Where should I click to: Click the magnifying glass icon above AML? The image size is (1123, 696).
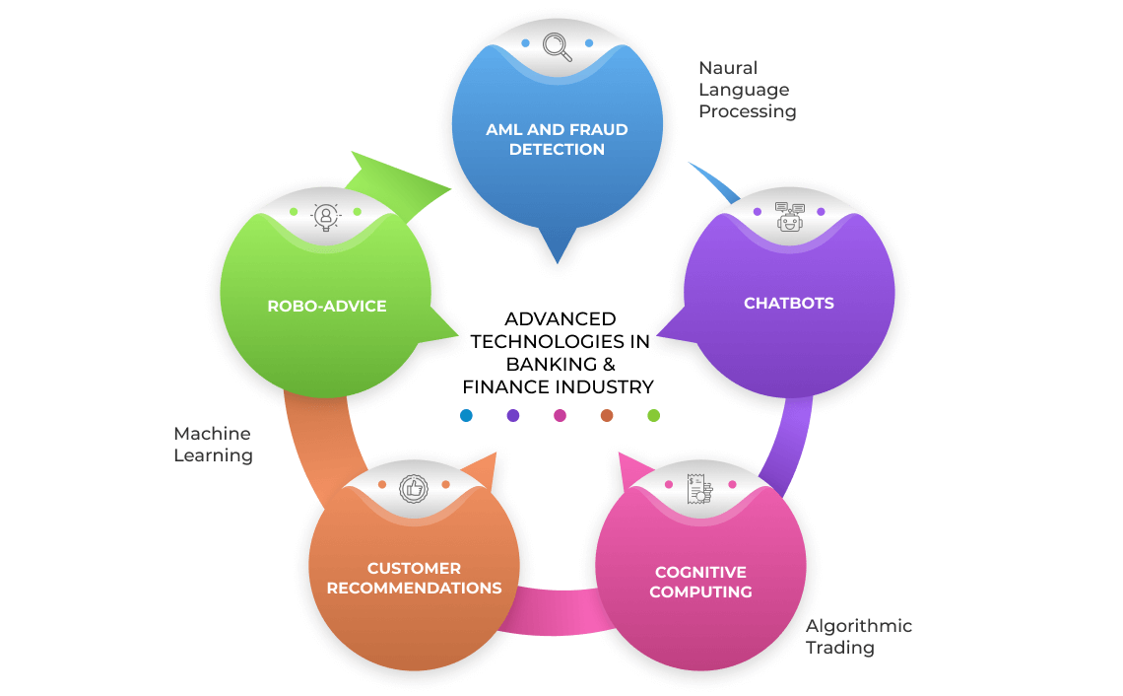(557, 46)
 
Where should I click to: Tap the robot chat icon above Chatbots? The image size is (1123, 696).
(789, 216)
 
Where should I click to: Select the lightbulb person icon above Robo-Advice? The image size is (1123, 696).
(325, 216)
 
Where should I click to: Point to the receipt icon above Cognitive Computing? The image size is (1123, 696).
(700, 487)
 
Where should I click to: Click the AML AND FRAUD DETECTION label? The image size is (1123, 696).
(557, 139)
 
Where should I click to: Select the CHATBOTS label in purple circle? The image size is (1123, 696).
(789, 304)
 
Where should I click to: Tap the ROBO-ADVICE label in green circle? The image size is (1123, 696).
(327, 306)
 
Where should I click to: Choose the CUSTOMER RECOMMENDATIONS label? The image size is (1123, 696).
(414, 578)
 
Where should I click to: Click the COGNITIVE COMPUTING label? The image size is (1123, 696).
(700, 582)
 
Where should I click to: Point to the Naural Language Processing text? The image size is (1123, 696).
(747, 90)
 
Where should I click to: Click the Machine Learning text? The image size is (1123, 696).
(213, 445)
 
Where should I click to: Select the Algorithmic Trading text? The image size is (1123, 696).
(858, 637)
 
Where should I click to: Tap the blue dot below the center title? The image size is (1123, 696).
(466, 416)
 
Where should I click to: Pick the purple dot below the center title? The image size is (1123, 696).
(513, 416)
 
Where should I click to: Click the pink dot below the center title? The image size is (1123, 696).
(560, 416)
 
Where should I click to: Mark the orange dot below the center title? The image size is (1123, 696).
(607, 416)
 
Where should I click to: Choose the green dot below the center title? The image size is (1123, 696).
(653, 416)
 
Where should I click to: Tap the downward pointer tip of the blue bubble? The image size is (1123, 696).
(558, 261)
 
